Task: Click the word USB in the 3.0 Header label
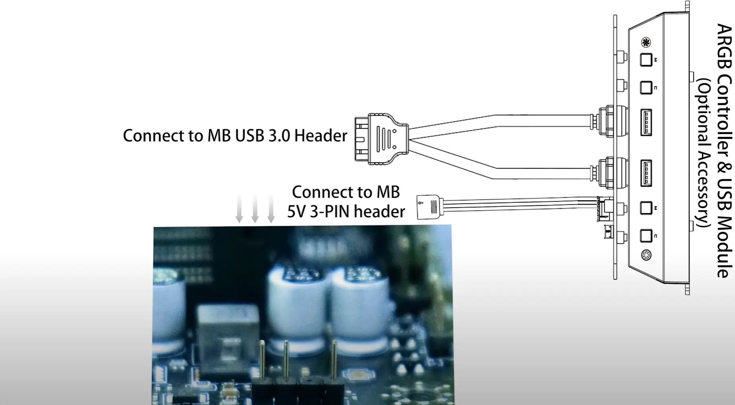pyautogui.click(x=250, y=136)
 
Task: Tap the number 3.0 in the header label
pyautogui.click(x=280, y=136)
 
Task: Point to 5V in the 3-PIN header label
pyautogui.click(x=296, y=212)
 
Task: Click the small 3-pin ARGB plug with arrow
pyautogui.click(x=428, y=207)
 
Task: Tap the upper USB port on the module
pyautogui.click(x=646, y=123)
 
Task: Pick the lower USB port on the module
pyautogui.click(x=646, y=173)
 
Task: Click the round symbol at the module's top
pyautogui.click(x=646, y=42)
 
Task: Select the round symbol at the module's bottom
pyautogui.click(x=646, y=255)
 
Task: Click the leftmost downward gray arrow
pyautogui.click(x=239, y=209)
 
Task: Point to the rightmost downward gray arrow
pyautogui.click(x=271, y=209)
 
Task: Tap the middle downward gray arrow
pyautogui.click(x=255, y=209)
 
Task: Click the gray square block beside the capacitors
pyautogui.click(x=228, y=342)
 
